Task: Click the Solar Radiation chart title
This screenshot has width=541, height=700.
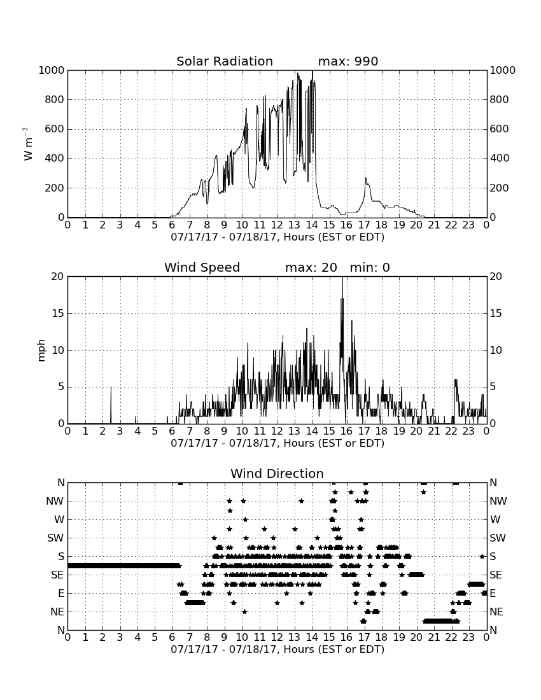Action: (225, 61)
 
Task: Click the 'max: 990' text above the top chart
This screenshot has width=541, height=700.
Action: (348, 61)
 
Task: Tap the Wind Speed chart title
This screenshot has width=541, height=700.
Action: (202, 267)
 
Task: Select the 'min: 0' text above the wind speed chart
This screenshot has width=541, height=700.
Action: (370, 267)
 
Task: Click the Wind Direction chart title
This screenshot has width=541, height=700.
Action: (277, 473)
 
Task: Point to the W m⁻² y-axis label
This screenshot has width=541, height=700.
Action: (27, 144)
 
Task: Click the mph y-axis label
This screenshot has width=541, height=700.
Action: (41, 351)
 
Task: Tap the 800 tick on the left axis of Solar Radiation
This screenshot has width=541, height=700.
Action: (55, 99)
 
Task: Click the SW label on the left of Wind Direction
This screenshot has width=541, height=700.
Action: (55, 538)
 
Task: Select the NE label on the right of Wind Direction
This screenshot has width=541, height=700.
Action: (496, 612)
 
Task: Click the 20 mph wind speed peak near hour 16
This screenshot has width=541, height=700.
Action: (343, 277)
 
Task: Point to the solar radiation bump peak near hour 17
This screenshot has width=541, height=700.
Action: (365, 179)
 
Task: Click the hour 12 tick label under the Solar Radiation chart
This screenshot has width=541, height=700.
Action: (278, 225)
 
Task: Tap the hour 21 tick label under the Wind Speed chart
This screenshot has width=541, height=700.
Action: (434, 431)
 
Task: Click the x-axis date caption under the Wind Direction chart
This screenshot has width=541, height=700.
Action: (278, 649)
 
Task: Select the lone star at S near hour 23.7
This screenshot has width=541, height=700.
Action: (482, 556)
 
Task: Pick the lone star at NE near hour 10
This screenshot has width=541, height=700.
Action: (244, 612)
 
